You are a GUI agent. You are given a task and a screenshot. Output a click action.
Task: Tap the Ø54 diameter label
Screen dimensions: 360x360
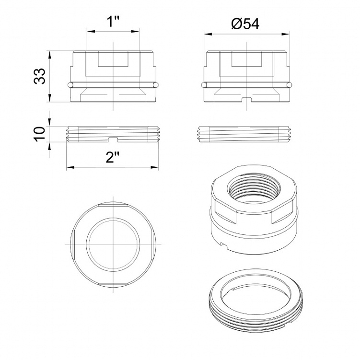245,24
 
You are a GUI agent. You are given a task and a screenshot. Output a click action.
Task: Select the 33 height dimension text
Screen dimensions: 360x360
40,76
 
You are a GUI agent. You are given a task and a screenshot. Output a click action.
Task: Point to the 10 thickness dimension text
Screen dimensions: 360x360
40,134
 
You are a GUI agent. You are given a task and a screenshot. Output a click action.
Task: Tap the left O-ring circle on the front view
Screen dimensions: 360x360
70,85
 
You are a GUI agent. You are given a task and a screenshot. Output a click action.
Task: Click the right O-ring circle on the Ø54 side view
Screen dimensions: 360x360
289,85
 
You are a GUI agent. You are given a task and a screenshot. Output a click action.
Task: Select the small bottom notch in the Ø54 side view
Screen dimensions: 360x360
247,100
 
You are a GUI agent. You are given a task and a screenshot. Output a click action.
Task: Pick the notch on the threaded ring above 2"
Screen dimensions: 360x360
113,139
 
